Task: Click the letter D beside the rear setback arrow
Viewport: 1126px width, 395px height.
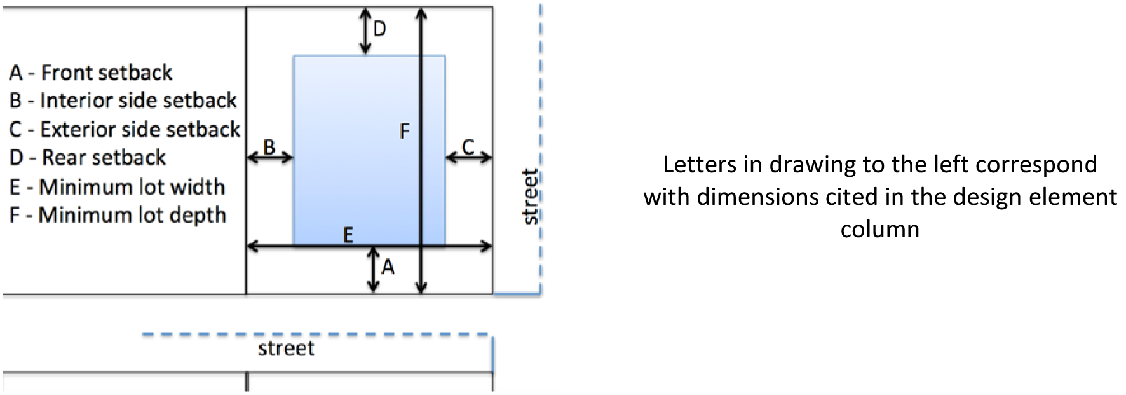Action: click(x=379, y=29)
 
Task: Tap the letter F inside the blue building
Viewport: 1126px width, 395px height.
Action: click(x=405, y=132)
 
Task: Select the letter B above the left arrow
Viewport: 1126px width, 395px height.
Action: click(x=269, y=148)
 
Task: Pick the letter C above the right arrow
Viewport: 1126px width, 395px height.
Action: click(x=468, y=148)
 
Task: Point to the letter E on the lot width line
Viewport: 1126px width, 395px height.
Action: click(x=348, y=236)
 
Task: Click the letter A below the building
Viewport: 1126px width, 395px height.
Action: click(x=388, y=268)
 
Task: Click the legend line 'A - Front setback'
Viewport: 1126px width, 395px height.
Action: click(x=90, y=73)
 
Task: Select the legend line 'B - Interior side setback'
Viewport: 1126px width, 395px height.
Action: click(x=123, y=100)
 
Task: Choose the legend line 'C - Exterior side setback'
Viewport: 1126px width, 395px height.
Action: click(x=125, y=129)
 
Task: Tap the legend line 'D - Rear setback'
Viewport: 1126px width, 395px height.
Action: click(x=88, y=157)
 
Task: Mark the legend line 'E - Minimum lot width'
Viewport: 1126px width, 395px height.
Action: click(x=117, y=187)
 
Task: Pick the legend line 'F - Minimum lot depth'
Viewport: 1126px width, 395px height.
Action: click(x=118, y=215)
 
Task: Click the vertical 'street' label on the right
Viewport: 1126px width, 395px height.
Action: click(x=529, y=197)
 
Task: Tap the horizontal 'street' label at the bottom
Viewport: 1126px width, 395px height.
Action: click(x=286, y=349)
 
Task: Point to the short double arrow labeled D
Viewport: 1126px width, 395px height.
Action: click(x=365, y=31)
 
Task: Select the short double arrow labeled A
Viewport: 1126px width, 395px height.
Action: click(x=374, y=270)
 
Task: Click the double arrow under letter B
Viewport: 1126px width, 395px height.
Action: click(x=269, y=157)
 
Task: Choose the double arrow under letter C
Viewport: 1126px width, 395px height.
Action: click(x=468, y=157)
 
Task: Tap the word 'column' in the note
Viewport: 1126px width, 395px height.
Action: click(x=879, y=228)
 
